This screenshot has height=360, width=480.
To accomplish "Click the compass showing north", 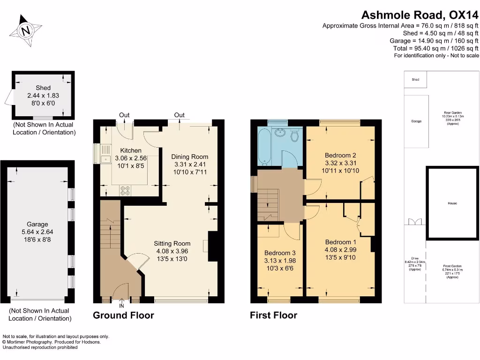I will coord(27,31).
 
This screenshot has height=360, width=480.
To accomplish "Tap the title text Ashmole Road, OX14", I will coord(420,15).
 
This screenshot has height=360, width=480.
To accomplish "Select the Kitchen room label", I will coord(131,150).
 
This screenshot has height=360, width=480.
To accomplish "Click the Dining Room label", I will coord(189,157).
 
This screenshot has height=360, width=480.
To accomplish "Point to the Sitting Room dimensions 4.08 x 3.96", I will coord(172,251).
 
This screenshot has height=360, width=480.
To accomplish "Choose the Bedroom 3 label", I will coord(280,252).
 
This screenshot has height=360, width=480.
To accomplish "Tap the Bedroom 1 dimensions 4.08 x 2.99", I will coord(341,250).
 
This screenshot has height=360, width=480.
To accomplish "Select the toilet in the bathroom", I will coord(294,135).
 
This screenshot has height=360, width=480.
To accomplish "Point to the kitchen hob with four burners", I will coord(126,190).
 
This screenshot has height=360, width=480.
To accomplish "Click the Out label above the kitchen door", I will coord(124,115).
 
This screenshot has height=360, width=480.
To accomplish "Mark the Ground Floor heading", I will coord(123,315).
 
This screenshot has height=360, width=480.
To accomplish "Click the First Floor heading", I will coord(273,315).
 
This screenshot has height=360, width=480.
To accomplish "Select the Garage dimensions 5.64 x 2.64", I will coord(37,232).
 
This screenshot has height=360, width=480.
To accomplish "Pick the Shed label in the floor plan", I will coord(43,88).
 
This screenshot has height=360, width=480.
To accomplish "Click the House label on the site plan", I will coord(452,203).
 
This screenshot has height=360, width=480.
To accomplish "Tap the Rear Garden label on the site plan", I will coord(453,113).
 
